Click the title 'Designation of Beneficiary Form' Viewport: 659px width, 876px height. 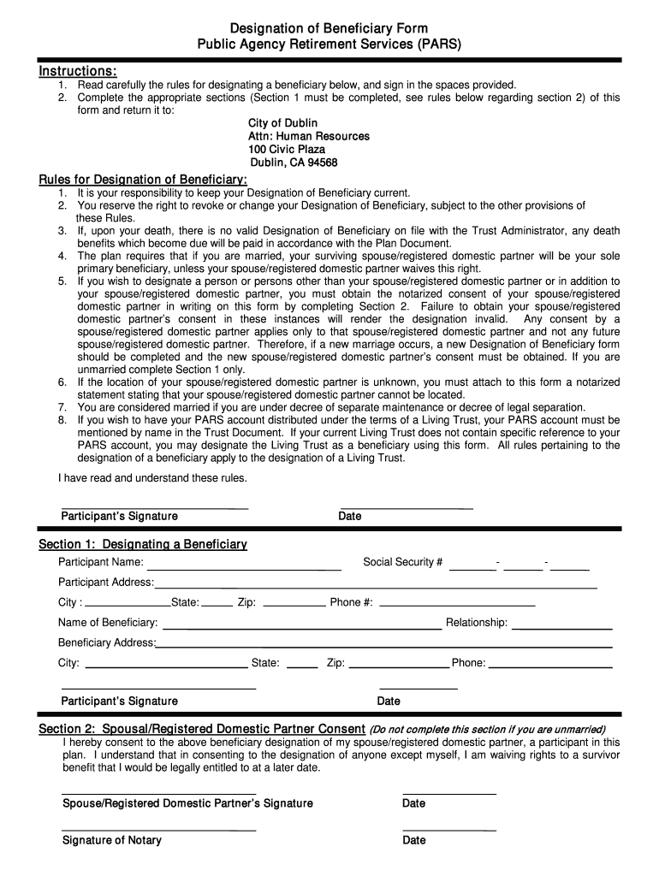[329, 29]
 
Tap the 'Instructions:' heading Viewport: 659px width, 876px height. [78, 70]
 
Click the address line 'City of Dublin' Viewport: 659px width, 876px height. [282, 123]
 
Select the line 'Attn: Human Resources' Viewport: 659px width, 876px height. [309, 136]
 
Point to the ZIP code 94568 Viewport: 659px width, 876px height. [318, 163]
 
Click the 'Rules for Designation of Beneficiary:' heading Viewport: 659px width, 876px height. [143, 179]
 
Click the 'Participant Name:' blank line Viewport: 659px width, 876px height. [244, 568]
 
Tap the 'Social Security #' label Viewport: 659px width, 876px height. [402, 562]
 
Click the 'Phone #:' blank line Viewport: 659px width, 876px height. [456, 606]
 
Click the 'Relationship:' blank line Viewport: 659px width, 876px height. [561, 628]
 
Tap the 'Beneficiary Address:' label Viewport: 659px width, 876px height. [106, 642]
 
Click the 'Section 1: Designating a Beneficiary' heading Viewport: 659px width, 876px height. [143, 544]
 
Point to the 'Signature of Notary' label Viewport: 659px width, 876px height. [111, 840]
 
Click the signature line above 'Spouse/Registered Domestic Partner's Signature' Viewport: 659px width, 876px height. [158, 793]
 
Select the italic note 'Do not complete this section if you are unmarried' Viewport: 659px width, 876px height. [487, 730]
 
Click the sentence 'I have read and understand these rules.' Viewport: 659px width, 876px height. [152, 478]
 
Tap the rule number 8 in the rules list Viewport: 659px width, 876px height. [62, 420]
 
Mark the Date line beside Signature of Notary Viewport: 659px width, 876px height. [449, 829]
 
